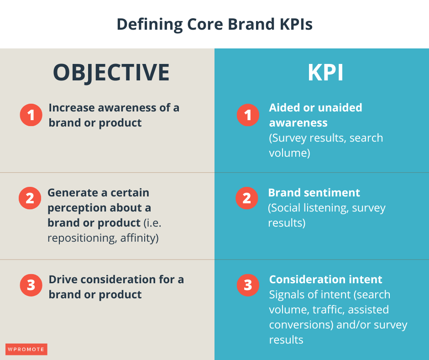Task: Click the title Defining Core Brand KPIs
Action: click(x=214, y=24)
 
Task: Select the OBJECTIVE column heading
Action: click(x=111, y=73)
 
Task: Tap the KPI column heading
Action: click(x=325, y=73)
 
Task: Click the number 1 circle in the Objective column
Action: click(x=31, y=115)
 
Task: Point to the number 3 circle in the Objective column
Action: click(x=31, y=286)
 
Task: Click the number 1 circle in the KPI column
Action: click(x=248, y=115)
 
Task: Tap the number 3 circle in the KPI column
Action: click(x=248, y=286)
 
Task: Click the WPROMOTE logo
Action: click(x=26, y=349)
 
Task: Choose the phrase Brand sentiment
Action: click(x=314, y=193)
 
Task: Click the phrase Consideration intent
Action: click(x=325, y=279)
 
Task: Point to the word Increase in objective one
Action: click(x=70, y=108)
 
